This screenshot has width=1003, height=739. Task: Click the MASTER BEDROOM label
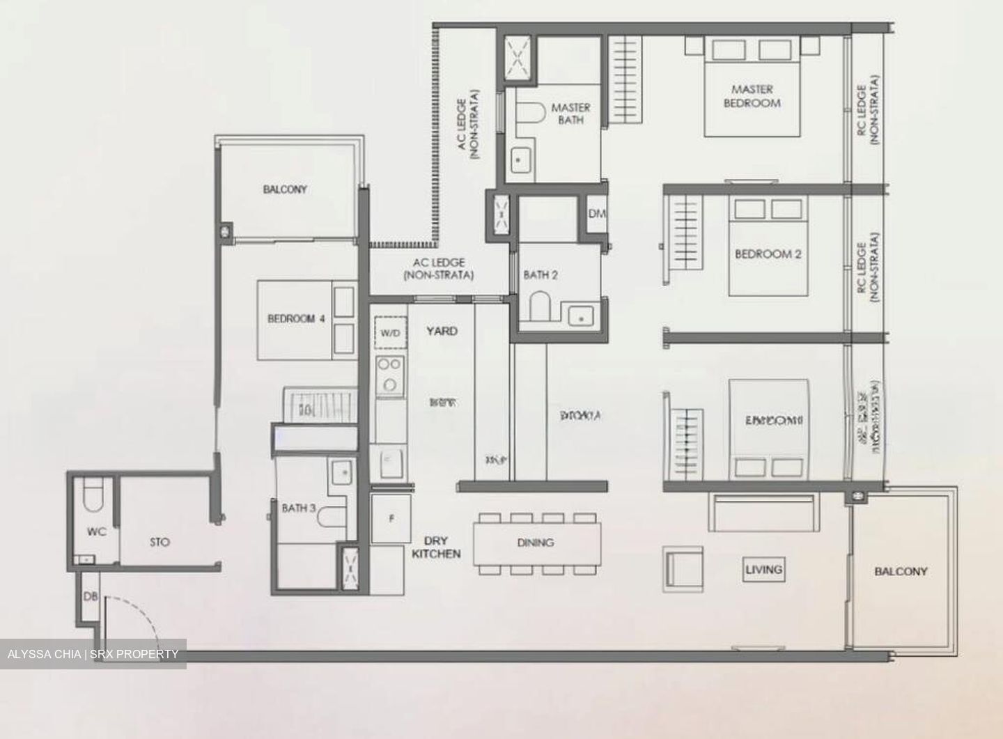tap(752, 96)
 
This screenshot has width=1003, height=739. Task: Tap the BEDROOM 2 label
tap(768, 254)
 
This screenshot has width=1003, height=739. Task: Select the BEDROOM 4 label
tap(296, 319)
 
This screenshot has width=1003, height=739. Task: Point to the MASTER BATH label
tap(570, 114)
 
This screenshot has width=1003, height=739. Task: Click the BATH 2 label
tap(541, 275)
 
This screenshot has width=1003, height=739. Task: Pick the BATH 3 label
tap(298, 508)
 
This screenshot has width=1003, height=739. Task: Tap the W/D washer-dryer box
tap(390, 333)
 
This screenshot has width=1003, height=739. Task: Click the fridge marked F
tap(391, 518)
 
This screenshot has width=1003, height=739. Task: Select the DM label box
tap(597, 214)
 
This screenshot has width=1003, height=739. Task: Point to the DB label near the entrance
tap(91, 597)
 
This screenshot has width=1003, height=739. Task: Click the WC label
tap(96, 532)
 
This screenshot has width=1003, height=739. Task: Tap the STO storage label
tap(160, 542)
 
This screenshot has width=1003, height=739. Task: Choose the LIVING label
tap(763, 569)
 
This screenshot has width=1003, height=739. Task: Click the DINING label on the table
tap(536, 542)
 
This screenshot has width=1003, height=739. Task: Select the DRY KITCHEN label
tap(436, 547)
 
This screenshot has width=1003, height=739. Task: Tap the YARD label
tap(442, 331)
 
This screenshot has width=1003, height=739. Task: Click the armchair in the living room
tap(683, 568)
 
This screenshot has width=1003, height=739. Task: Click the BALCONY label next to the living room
tap(901, 571)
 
